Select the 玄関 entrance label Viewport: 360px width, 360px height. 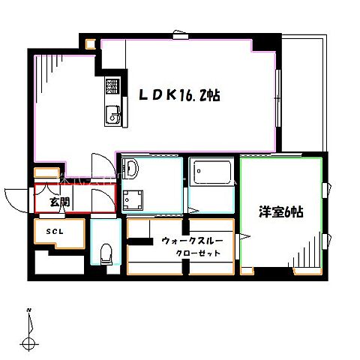(59, 202)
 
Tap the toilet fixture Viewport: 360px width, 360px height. (106, 253)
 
